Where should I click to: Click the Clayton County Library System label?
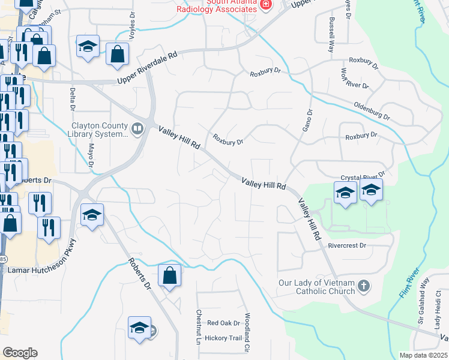coord(100,130)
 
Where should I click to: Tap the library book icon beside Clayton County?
coord(137,129)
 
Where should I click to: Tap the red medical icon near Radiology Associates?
coord(266,5)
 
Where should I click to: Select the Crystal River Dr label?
coord(361,177)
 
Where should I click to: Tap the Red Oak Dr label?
coord(223,323)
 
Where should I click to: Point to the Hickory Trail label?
coord(223,338)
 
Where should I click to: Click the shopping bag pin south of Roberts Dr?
coord(170,277)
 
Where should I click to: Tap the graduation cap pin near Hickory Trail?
coord(139,328)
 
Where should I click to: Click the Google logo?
coord(20,353)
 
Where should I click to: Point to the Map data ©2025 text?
coord(423,355)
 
